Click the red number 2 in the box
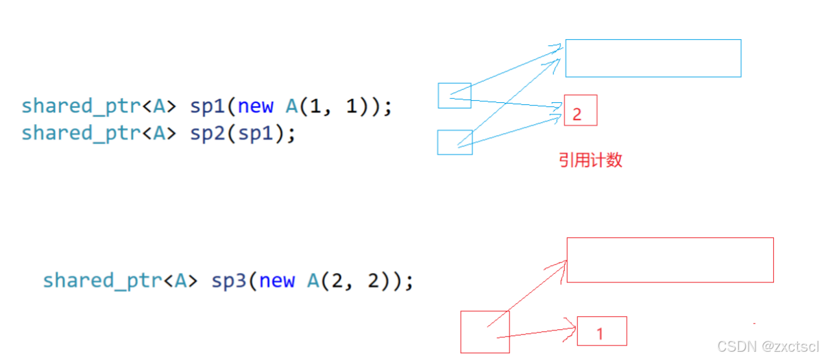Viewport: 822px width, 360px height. click(x=577, y=115)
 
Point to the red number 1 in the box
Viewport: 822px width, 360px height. click(x=600, y=335)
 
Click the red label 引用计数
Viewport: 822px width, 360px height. click(x=590, y=160)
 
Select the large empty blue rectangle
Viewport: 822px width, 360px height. click(x=653, y=58)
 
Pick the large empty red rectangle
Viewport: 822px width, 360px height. click(x=670, y=260)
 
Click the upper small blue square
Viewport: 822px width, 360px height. click(x=455, y=95)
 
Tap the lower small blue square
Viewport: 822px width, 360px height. click(x=455, y=142)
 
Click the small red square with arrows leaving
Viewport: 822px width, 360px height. click(x=485, y=331)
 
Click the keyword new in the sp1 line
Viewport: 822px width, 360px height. click(x=256, y=107)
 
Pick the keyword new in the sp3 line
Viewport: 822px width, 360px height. click(x=277, y=281)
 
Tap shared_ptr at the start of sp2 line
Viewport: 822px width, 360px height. click(x=80, y=133)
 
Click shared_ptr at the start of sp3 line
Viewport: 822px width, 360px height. click(x=101, y=281)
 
